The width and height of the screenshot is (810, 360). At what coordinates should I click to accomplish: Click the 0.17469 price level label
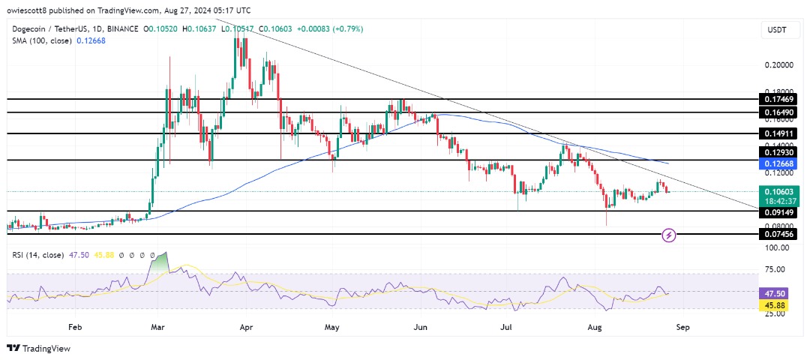click(780, 98)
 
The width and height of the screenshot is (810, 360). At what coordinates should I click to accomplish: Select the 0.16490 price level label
click(780, 112)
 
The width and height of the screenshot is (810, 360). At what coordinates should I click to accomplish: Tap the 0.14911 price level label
click(780, 133)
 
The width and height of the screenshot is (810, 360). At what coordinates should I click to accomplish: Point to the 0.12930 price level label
click(780, 152)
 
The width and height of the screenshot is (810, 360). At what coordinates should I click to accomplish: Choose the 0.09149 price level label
click(780, 211)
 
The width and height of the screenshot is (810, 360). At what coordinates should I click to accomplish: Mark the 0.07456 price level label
click(780, 234)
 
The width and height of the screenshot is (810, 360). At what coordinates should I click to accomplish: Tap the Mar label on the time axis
click(157, 327)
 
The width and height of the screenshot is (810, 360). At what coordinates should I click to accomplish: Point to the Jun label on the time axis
click(420, 327)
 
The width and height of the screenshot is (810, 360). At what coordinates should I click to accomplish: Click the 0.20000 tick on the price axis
click(780, 65)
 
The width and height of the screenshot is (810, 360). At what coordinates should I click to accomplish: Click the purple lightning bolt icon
click(670, 235)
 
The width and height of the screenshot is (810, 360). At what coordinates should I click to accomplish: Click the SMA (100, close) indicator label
click(42, 41)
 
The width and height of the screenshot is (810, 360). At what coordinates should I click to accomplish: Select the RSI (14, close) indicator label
click(37, 255)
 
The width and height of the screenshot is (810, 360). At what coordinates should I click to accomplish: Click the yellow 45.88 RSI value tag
click(780, 303)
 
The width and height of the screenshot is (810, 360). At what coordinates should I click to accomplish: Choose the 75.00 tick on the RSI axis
click(780, 269)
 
